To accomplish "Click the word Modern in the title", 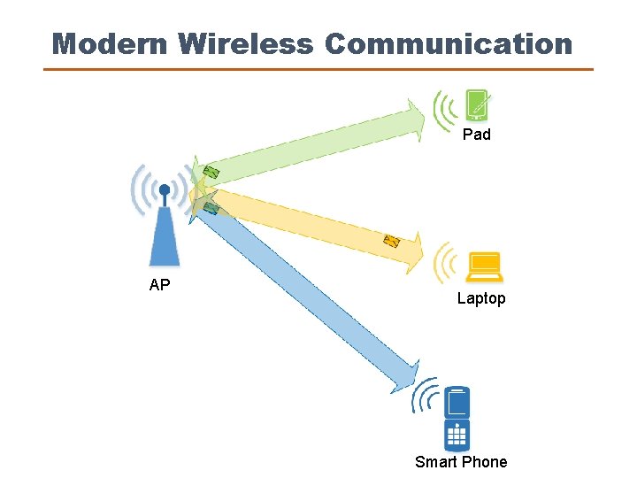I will [110, 43].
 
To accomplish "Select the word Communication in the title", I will [449, 43].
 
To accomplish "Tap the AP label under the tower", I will [160, 285].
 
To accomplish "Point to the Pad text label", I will [477, 135].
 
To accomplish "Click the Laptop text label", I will [481, 298].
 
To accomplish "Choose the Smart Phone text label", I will [461, 461].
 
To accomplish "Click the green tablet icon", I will [479, 106].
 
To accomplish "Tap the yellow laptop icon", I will [485, 265].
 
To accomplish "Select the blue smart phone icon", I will [457, 419].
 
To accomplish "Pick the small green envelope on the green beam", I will [211, 172].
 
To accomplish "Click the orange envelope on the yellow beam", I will [391, 240].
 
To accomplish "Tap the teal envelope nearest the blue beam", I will [211, 208].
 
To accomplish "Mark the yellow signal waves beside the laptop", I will [446, 263].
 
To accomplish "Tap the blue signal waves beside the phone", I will [426, 397].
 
